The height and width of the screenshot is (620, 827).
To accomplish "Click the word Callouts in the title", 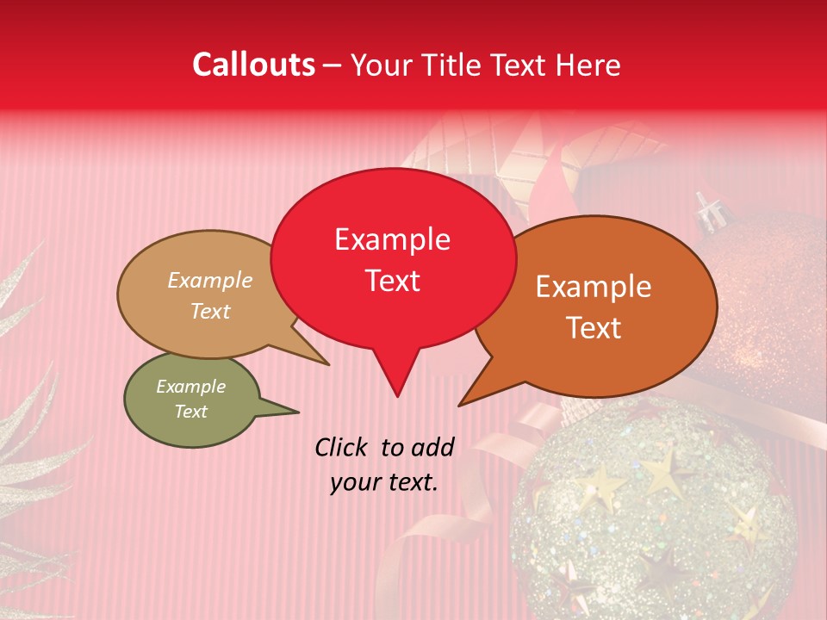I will click(253, 65).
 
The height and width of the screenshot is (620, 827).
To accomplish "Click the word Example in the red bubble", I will click(392, 239).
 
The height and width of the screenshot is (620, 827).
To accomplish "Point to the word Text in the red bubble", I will click(392, 281).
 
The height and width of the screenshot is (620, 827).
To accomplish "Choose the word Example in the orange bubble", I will click(594, 287).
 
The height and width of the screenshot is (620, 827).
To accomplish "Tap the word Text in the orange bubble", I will click(594, 328).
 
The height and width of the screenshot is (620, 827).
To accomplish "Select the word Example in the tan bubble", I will click(210, 281).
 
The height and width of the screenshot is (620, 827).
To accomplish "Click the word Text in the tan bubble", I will click(210, 311).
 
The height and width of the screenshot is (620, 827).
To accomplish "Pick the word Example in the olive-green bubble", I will click(190, 387).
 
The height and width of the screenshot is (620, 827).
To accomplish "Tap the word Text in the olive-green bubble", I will click(190, 412).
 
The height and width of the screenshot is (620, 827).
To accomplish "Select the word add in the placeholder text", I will click(433, 447).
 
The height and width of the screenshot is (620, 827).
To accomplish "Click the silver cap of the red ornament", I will click(708, 211).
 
